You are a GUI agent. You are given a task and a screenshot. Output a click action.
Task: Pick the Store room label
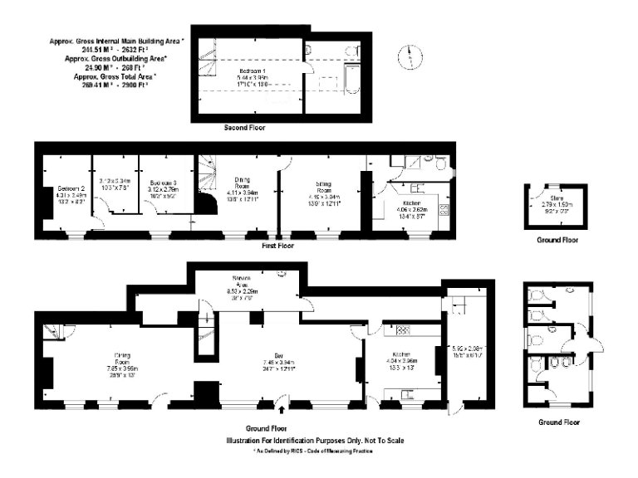(547, 198)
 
